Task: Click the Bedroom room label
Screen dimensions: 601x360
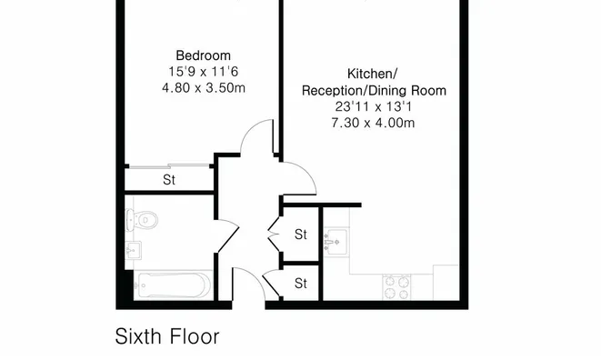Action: (x=203, y=55)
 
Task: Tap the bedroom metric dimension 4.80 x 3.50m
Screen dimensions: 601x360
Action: (x=204, y=88)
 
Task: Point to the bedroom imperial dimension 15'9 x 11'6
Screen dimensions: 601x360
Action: (x=203, y=72)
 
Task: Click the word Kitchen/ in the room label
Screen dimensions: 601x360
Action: (x=372, y=74)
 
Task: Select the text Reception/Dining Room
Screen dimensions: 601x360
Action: (x=374, y=91)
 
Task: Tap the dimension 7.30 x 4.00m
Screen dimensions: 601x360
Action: (x=373, y=123)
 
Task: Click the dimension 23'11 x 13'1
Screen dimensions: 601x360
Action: (x=374, y=106)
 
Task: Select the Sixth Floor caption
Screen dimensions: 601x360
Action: (x=167, y=336)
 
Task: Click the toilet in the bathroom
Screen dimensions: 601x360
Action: (x=142, y=220)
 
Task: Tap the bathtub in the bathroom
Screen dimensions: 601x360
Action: (x=173, y=285)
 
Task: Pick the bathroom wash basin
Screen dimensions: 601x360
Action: (x=133, y=250)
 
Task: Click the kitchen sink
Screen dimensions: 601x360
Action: (x=336, y=243)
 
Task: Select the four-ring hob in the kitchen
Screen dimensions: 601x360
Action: (x=396, y=287)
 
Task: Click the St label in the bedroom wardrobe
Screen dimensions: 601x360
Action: (x=169, y=180)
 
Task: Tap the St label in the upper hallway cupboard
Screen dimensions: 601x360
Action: (x=301, y=235)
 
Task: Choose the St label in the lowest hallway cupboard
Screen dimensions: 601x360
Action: (x=301, y=284)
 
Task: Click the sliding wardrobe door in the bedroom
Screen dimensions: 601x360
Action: (x=169, y=166)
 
